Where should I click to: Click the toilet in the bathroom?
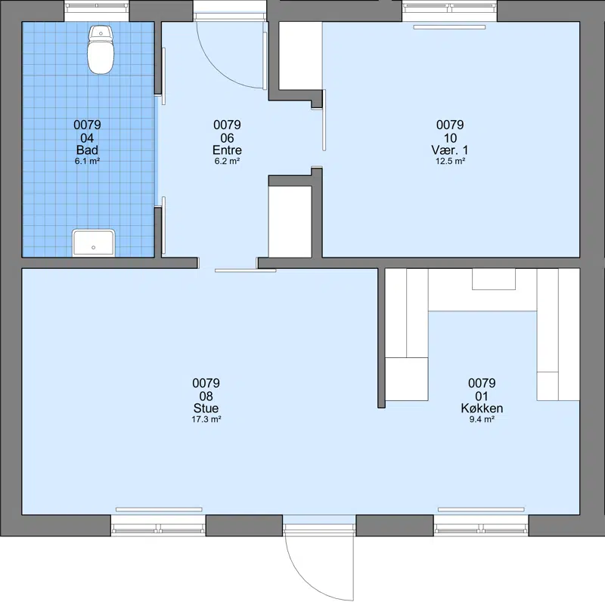(101, 49)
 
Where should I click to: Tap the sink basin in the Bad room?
(93, 242)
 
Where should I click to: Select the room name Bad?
(87, 150)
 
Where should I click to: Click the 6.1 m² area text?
(87, 161)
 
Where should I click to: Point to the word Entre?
(228, 150)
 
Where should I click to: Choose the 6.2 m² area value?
(228, 161)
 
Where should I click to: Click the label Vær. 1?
(450, 150)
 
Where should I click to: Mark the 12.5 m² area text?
(450, 161)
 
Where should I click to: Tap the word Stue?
(206, 408)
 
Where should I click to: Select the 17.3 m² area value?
(206, 419)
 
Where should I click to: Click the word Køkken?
(482, 408)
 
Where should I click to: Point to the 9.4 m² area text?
(482, 419)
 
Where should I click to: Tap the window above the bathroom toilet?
(96, 11)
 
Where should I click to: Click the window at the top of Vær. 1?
(449, 11)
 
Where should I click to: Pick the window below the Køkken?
(481, 526)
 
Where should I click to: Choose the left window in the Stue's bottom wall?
(158, 526)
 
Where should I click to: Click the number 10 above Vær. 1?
(450, 138)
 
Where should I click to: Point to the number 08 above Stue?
(206, 397)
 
